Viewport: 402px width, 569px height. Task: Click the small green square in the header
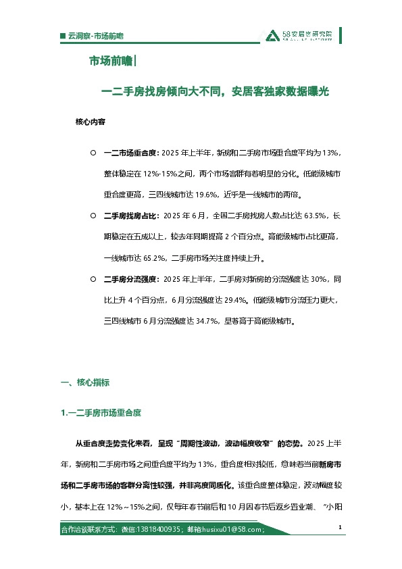point(63,35)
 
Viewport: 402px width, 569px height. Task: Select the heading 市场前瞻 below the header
point(111,61)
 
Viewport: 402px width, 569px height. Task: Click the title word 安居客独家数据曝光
point(280,92)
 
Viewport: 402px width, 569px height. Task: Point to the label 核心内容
point(91,125)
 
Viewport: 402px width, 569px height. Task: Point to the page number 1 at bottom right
point(339,527)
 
